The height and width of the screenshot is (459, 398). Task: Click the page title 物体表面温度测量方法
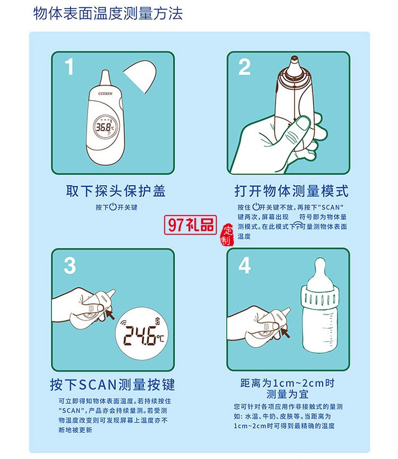pos(108,13)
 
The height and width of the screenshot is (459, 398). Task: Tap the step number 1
pos(69,68)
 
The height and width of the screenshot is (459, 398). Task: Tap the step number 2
pos(244,67)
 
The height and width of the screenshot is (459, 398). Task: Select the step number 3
pos(70,265)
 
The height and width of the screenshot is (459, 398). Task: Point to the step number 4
pos(244,265)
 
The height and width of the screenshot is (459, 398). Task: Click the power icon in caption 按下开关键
pos(113,207)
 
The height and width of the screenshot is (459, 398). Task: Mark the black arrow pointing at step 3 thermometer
pos(110,314)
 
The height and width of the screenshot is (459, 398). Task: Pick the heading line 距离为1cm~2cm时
pos(287,383)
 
